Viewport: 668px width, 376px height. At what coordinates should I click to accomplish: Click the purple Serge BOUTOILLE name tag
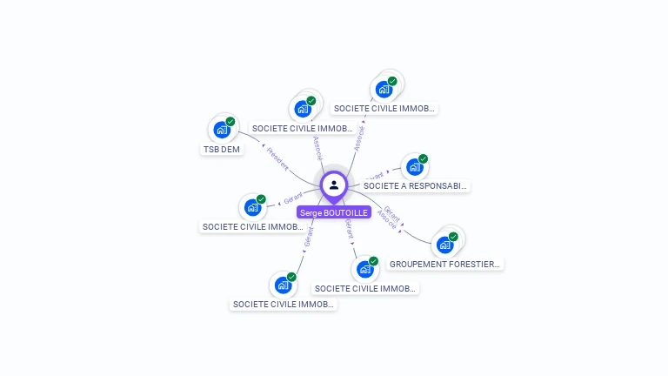[334, 212]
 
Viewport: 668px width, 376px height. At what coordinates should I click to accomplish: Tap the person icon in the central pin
[334, 185]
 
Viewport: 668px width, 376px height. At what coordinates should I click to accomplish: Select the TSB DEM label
[222, 149]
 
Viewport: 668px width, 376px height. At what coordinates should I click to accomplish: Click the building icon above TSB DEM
[222, 131]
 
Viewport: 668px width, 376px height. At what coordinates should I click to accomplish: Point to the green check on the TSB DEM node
[230, 122]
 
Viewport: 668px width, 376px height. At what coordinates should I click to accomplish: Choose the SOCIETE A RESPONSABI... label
[416, 185]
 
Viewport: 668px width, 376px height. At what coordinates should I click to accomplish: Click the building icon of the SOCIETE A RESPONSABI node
[414, 167]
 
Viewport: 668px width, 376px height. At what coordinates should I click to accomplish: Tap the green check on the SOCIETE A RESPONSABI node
[424, 159]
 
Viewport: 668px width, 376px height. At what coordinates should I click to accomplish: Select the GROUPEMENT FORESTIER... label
[445, 264]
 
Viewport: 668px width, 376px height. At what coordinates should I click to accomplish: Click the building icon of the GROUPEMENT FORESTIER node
[444, 245]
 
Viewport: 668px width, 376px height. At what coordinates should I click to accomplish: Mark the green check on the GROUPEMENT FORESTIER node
[453, 237]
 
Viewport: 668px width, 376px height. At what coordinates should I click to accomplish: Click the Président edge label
[277, 159]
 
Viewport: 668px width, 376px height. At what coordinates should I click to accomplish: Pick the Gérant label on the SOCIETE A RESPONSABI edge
[375, 176]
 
